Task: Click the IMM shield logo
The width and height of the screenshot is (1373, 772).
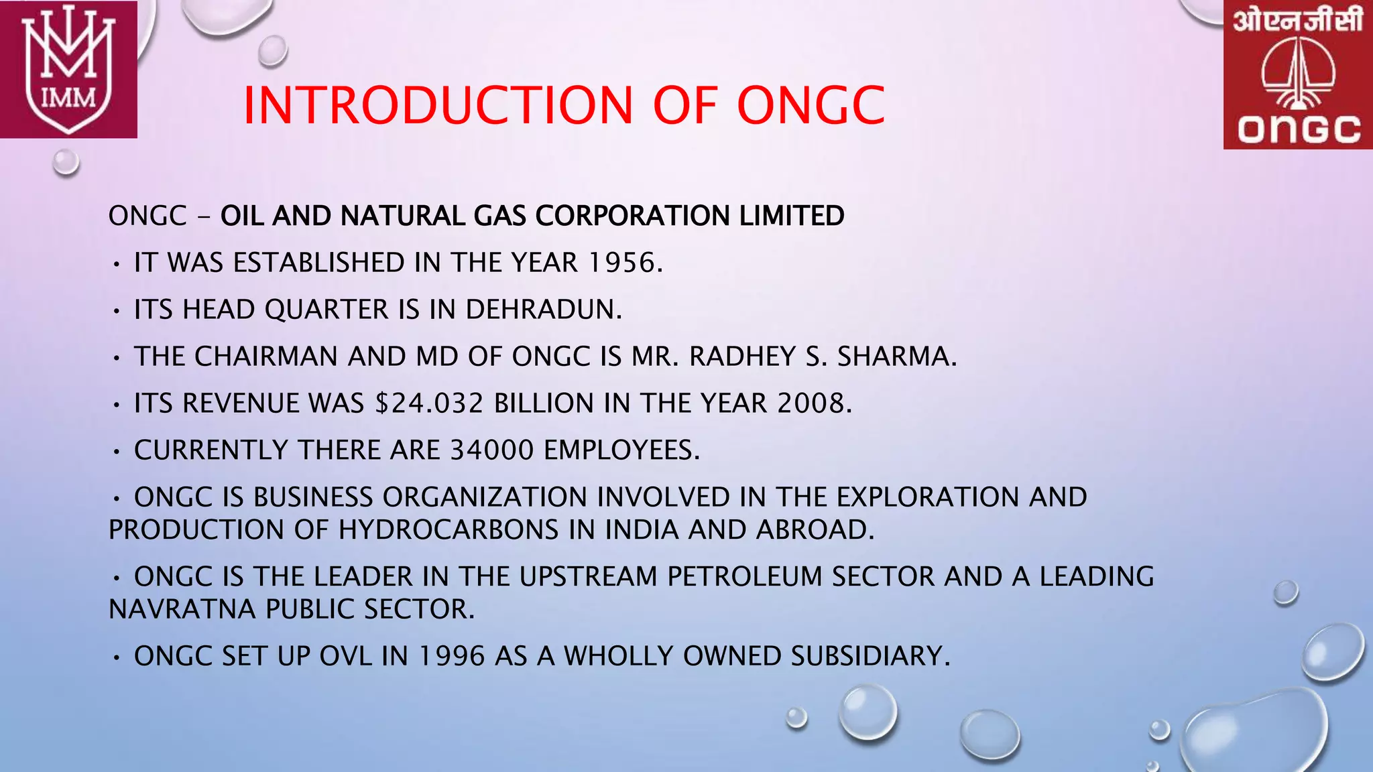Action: pyautogui.click(x=68, y=69)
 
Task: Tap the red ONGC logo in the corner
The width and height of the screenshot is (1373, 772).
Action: pyautogui.click(x=1298, y=74)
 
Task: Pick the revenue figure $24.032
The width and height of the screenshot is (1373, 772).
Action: pyautogui.click(x=429, y=403)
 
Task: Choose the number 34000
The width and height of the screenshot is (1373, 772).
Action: pyautogui.click(x=492, y=450)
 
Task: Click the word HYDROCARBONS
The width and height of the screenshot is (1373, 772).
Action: pyautogui.click(x=449, y=530)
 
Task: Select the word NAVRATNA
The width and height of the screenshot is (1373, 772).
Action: pyautogui.click(x=182, y=609)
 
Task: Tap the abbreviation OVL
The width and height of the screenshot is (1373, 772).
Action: pyautogui.click(x=345, y=656)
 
